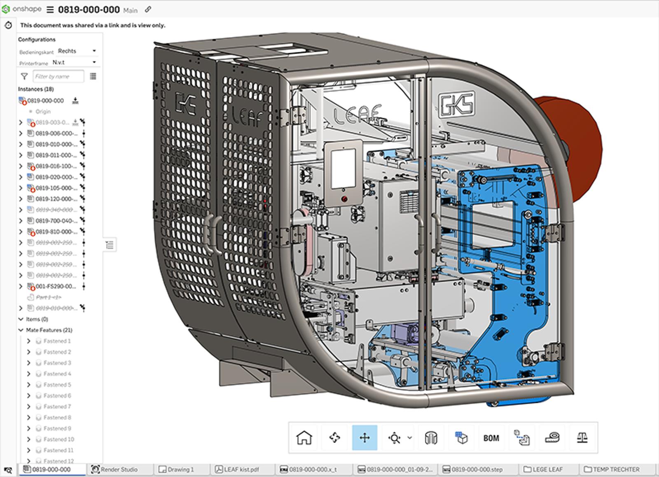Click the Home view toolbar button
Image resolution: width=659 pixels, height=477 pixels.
point(304,437)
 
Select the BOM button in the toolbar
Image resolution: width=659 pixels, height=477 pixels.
point(491,438)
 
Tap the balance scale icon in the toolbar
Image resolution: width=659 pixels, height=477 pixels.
point(582,437)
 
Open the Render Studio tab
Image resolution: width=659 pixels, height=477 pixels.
point(119,469)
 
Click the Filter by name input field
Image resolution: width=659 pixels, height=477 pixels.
point(58,76)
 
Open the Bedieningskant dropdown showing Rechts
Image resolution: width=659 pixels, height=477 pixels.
point(77,51)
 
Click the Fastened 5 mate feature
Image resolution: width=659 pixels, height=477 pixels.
point(57,385)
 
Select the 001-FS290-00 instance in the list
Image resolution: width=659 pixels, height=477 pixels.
point(56,286)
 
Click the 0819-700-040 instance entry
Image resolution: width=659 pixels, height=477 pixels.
point(56,221)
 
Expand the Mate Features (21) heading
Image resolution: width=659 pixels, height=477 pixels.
point(21,330)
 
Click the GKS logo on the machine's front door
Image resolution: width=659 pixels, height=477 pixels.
point(456,105)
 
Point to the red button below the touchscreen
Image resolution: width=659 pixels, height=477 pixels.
point(344,199)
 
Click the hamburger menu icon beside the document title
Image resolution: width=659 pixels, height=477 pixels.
point(50,9)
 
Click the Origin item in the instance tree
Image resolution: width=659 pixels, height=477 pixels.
point(43,112)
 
